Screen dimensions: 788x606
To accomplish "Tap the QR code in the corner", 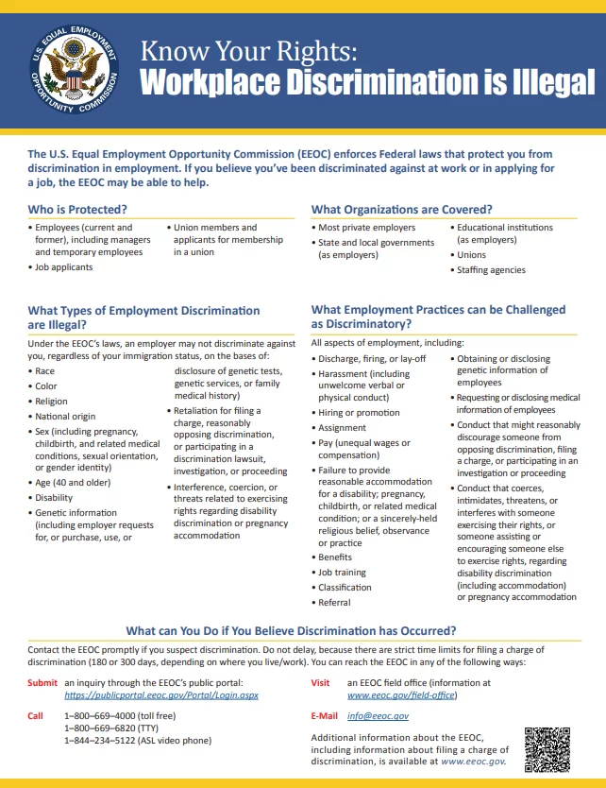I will click(548, 748).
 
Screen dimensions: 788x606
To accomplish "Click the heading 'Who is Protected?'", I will click(77, 208).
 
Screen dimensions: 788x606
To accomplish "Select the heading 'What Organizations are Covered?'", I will click(401, 208).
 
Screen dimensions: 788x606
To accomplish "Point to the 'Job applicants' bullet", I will click(63, 267).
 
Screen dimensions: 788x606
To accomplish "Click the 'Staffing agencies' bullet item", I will click(491, 269).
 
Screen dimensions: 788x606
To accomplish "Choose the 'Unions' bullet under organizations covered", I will click(472, 255).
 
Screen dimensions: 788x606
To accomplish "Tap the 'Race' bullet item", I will click(45, 371).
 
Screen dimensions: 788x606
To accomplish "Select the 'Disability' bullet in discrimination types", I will click(54, 498).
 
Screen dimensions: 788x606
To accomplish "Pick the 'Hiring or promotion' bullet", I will click(359, 413).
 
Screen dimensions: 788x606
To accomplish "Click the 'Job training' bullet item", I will click(342, 573).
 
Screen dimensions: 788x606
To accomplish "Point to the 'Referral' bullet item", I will click(334, 602).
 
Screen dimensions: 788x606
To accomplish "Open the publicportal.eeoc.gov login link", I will click(160, 694).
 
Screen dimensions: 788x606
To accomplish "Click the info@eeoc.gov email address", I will click(378, 716).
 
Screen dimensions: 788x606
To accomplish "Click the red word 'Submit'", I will click(42, 682).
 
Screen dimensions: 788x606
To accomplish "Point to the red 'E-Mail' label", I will click(325, 716).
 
